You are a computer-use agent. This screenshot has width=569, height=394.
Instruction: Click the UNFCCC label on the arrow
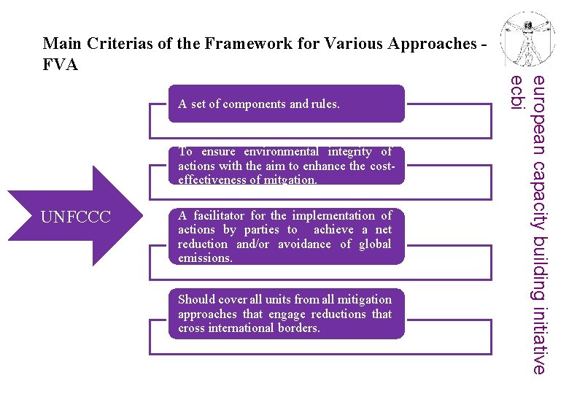tap(76, 217)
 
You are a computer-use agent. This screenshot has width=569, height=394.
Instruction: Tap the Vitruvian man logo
tap(529, 40)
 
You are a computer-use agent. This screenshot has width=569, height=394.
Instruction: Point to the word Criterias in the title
tap(121, 44)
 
